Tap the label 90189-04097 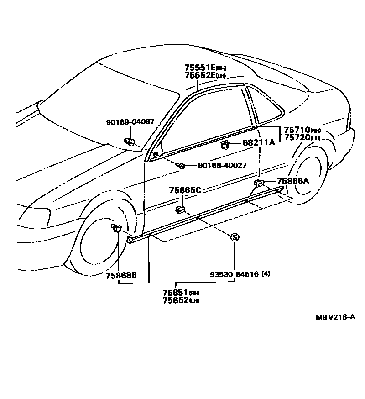click(x=130, y=122)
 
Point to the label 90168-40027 click(x=222, y=165)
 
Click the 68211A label click(x=258, y=142)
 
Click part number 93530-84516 click(x=235, y=274)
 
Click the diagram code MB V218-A click(x=335, y=317)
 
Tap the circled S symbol click(x=235, y=237)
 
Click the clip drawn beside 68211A click(x=224, y=145)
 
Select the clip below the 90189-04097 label click(x=129, y=142)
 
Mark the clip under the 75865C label click(x=180, y=210)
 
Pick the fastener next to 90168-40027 click(x=181, y=165)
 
